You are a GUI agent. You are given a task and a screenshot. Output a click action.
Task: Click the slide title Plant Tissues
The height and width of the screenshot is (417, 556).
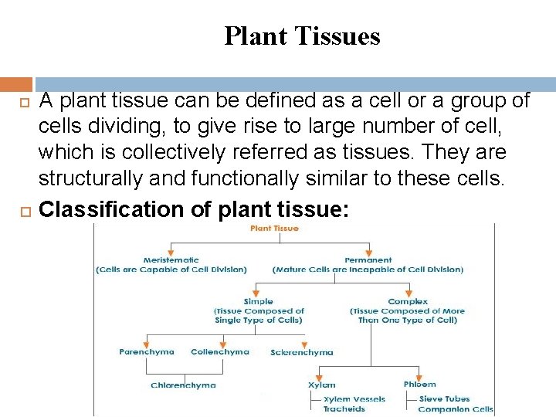(x=302, y=36)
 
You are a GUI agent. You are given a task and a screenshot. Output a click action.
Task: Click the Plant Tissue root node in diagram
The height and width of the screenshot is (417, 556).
(x=274, y=229)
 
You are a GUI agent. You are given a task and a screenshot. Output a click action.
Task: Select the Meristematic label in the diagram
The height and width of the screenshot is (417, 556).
(x=171, y=260)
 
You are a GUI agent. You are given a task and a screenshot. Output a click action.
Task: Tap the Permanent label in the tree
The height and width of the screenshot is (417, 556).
(x=368, y=260)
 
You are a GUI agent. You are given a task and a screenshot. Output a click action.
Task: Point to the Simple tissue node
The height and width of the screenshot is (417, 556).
(x=258, y=302)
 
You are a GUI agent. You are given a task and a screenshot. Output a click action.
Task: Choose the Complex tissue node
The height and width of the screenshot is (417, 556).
(x=408, y=302)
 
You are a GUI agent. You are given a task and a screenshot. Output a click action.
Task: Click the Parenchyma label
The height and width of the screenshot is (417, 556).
(x=147, y=352)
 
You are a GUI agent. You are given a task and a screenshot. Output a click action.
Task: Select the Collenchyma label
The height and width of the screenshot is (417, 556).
(x=220, y=352)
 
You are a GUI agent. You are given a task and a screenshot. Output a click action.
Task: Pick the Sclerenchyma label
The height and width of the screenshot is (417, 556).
(x=302, y=353)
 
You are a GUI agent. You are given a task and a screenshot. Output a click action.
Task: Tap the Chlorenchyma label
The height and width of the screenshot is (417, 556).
(x=183, y=385)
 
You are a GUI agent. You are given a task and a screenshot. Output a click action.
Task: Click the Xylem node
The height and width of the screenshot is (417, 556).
(x=322, y=385)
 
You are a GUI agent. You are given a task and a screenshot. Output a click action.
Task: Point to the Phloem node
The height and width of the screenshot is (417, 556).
(x=419, y=385)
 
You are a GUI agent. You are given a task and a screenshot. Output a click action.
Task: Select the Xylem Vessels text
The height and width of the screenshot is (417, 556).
(x=354, y=400)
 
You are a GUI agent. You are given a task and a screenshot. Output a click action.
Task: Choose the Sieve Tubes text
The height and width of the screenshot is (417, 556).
(x=444, y=400)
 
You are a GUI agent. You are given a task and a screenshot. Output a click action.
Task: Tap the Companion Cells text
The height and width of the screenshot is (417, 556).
(x=456, y=409)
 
